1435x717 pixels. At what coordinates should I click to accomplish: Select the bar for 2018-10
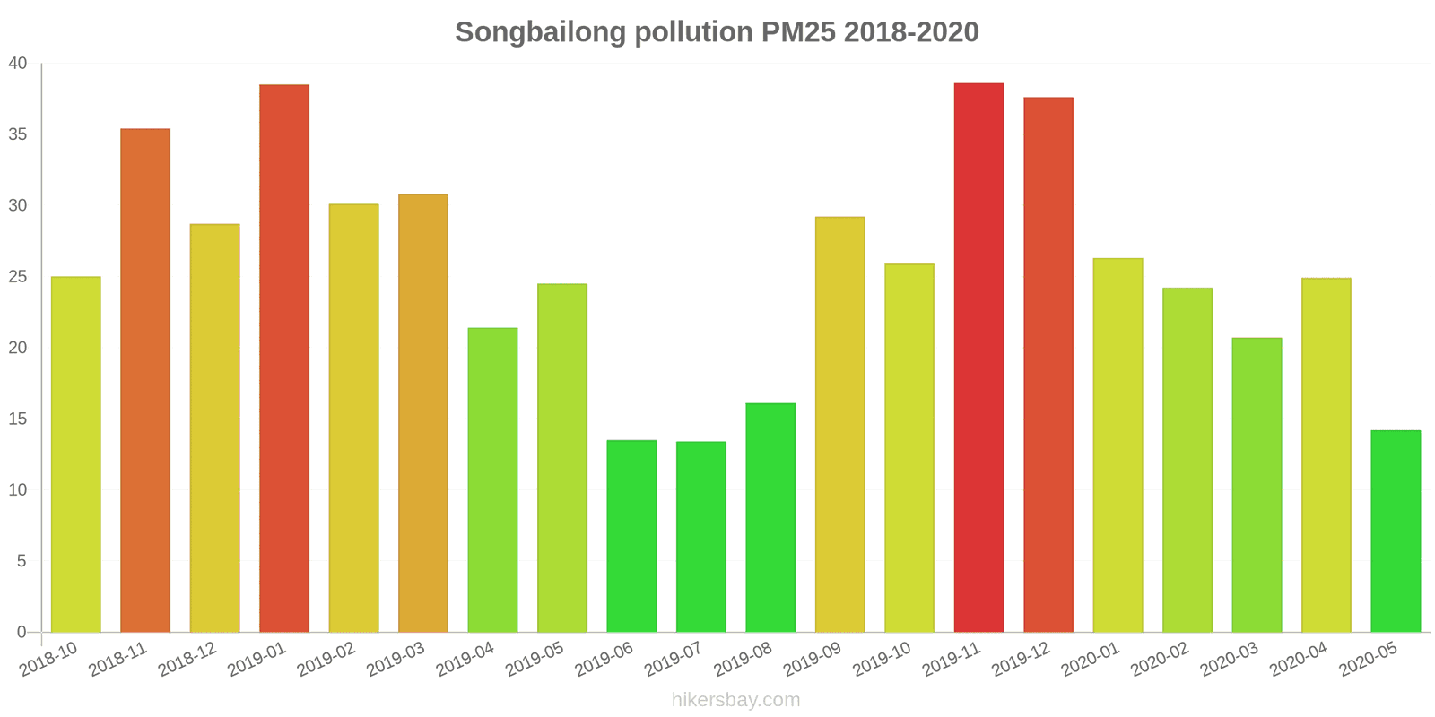tap(75, 454)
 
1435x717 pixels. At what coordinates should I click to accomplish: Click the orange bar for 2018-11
tap(145, 381)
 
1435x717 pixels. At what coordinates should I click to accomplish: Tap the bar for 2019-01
tap(284, 358)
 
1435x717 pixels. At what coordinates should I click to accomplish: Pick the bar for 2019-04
tap(492, 480)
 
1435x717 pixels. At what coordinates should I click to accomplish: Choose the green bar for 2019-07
tap(700, 537)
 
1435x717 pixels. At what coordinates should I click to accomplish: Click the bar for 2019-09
tap(839, 425)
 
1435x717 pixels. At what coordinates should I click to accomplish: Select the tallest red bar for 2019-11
tap(978, 358)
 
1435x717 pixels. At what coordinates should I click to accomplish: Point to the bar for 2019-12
tap(1048, 365)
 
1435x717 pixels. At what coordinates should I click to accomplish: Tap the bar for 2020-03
tap(1257, 485)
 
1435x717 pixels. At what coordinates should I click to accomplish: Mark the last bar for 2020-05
tap(1396, 531)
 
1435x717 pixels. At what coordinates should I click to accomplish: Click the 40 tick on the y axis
tap(18, 64)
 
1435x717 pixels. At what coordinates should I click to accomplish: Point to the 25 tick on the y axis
tap(18, 277)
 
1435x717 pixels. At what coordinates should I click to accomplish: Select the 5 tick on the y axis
tap(22, 561)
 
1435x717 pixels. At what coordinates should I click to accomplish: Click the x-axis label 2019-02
tap(326, 660)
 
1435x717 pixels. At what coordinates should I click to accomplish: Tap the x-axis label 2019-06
tap(604, 660)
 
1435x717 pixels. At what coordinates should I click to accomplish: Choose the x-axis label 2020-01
tap(1090, 660)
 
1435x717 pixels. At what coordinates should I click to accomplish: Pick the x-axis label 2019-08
tap(743, 660)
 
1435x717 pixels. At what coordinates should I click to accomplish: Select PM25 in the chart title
tap(798, 32)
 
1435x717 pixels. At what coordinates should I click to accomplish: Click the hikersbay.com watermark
tap(735, 700)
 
